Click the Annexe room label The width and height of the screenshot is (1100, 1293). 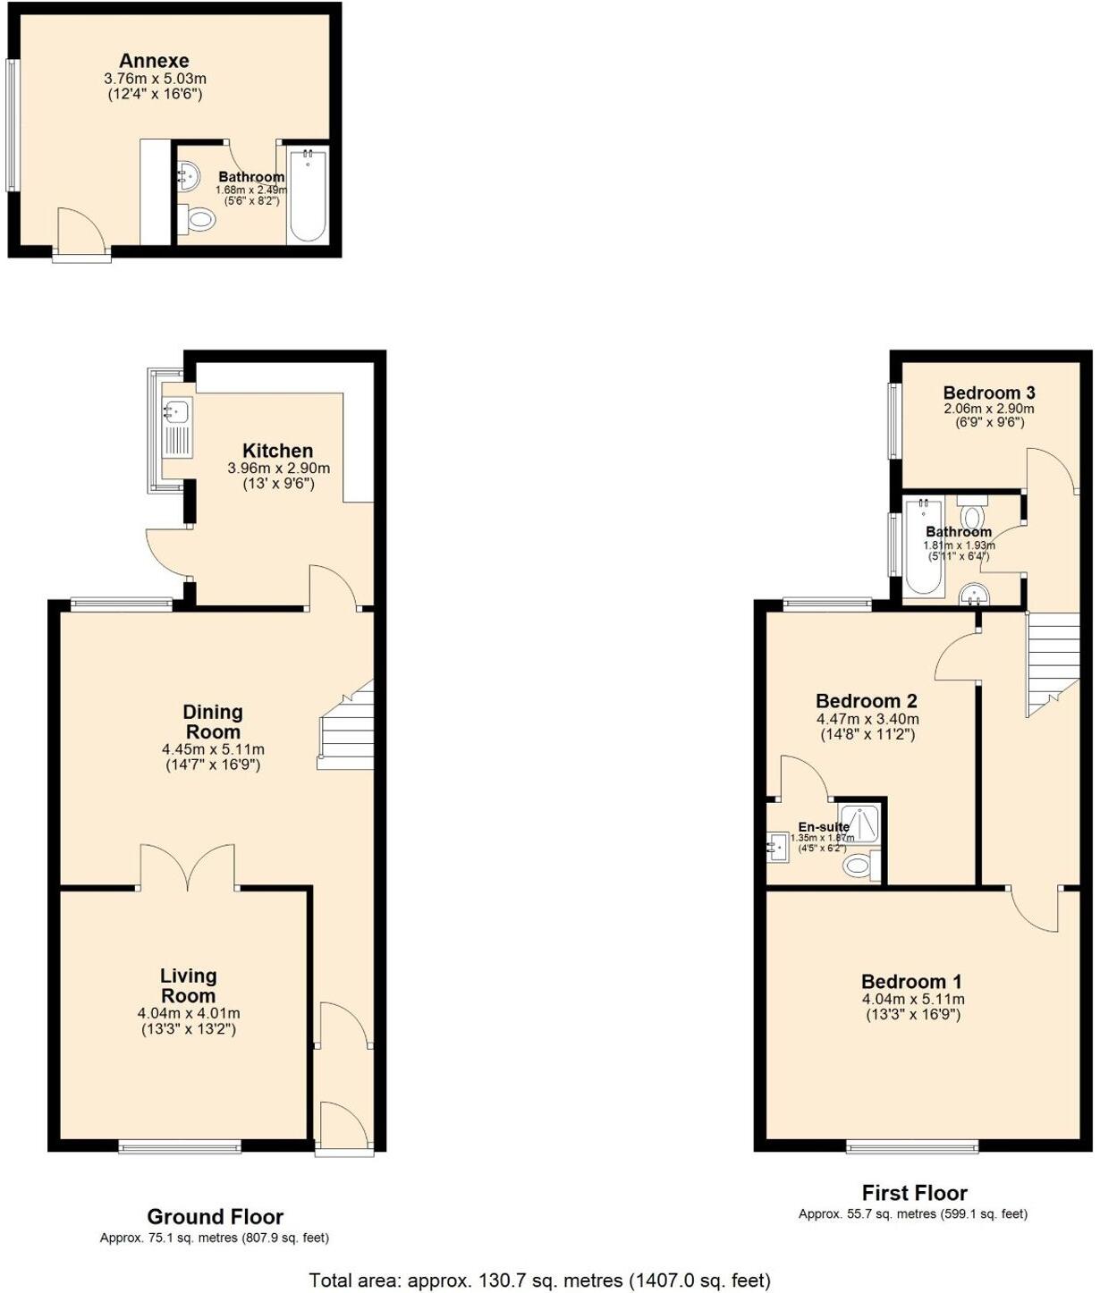(154, 61)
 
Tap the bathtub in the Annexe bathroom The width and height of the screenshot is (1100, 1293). (308, 195)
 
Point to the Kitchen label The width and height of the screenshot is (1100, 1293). (278, 451)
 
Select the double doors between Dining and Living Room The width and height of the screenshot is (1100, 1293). (188, 867)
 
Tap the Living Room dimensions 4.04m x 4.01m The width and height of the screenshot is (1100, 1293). (189, 1013)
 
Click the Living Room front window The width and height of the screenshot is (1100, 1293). (180, 1147)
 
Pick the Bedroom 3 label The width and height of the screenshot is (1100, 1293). (989, 393)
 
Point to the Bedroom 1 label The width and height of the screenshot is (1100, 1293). (911, 982)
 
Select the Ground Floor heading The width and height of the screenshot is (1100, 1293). (215, 1217)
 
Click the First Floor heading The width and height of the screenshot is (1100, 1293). (914, 1193)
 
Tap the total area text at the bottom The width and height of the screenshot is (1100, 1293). (539, 1280)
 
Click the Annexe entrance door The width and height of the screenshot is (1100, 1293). (81, 234)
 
